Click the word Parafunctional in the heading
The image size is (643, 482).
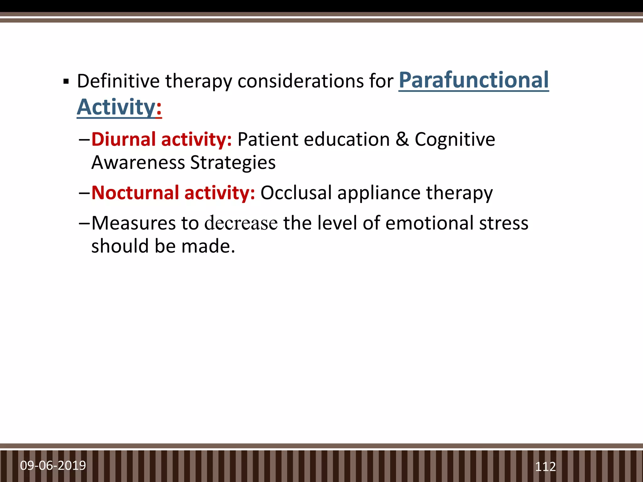point(473,80)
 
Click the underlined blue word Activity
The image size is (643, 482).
point(116,107)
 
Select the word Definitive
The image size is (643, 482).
point(118,81)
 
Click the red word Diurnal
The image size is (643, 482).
point(123,139)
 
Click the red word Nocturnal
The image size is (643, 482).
point(135,193)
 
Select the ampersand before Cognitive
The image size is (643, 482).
point(402,139)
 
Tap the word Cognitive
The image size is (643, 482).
point(455,139)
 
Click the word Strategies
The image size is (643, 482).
point(233,163)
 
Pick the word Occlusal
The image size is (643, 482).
point(296,193)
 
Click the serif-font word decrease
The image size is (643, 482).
point(241,223)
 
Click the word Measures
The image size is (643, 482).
point(133,223)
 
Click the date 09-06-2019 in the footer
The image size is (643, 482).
point(53,465)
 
